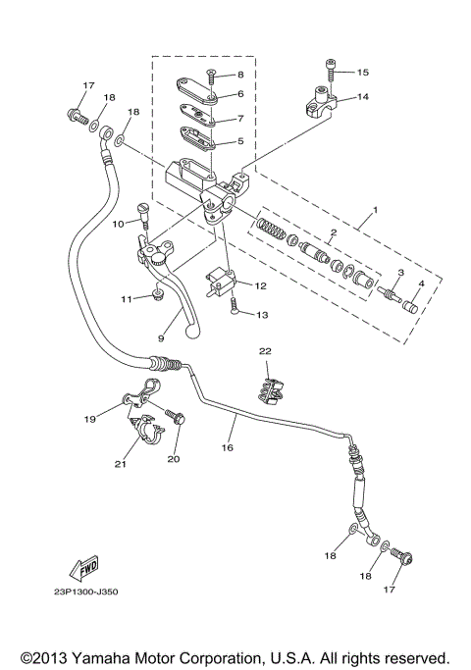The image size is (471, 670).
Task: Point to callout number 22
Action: (264, 350)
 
